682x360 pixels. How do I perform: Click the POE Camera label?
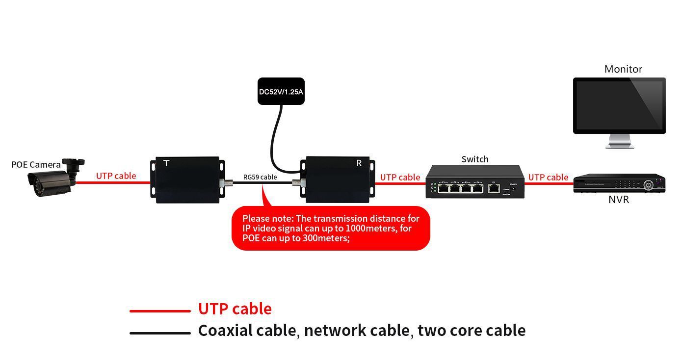[36, 165]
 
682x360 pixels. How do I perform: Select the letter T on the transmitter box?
[166, 163]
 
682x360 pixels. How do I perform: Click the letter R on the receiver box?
[359, 163]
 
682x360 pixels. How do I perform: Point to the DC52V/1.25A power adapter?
[281, 92]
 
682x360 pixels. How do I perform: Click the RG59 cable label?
[260, 177]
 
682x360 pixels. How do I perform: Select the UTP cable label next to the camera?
[116, 176]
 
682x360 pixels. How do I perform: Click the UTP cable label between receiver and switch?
[400, 177]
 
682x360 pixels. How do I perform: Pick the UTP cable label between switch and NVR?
[548, 177]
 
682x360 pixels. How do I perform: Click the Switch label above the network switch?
[474, 159]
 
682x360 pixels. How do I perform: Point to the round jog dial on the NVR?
[649, 184]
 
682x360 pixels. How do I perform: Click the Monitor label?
[623, 69]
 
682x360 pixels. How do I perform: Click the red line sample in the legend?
[160, 310]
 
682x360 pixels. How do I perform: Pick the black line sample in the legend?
[160, 333]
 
